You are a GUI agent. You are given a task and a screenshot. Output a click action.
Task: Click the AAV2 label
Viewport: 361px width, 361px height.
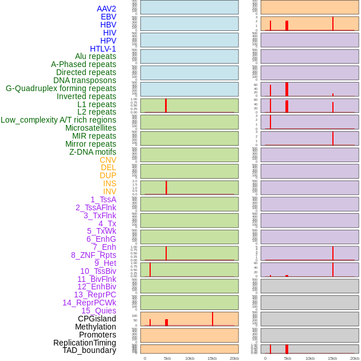[x=106, y=9]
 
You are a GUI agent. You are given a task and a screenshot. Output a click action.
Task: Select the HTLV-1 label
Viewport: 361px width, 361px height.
[x=103, y=49]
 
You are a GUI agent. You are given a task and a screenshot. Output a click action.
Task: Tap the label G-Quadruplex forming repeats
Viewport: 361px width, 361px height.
[x=61, y=88]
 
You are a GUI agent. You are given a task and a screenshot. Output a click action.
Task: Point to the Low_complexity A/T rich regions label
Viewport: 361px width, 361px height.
[x=58, y=120]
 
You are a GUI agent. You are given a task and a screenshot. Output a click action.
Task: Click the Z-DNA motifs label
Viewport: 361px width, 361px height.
[x=93, y=152]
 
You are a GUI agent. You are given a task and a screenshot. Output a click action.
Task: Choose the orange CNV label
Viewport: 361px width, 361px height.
[x=108, y=160]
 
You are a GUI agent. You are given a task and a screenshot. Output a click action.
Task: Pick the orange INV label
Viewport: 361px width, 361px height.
[x=109, y=191]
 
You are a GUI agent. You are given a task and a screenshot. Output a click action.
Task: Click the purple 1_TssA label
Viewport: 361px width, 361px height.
[x=103, y=199]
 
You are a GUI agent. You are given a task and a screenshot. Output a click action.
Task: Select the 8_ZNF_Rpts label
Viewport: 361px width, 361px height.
[x=93, y=255]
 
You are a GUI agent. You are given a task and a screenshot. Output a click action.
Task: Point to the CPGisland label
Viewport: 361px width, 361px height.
[x=97, y=319]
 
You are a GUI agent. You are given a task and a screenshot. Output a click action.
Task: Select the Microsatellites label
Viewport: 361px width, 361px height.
[x=91, y=128]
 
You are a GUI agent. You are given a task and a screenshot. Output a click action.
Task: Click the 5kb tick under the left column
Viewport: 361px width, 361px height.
[x=167, y=358]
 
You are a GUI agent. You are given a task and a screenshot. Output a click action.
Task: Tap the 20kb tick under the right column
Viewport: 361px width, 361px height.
[x=355, y=358]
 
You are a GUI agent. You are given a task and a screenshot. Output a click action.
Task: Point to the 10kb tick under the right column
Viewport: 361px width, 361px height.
[x=310, y=358]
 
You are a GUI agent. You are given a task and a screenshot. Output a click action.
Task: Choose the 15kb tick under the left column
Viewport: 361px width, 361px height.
[x=211, y=358]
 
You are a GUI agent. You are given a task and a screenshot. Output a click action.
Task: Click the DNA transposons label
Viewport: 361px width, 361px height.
[x=85, y=80]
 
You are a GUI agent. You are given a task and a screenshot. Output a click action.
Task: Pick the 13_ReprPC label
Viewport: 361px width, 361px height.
[x=95, y=295]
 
